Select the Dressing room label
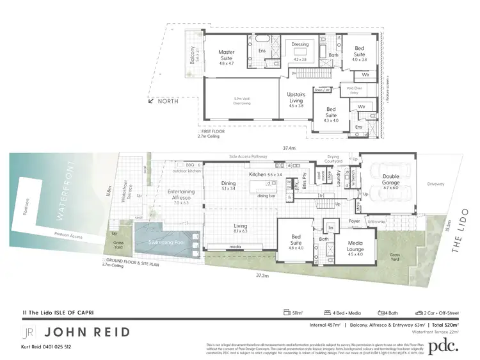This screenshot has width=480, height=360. coord(300,44)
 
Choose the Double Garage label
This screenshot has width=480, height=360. coord(390,179)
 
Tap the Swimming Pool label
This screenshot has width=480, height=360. coord(166,244)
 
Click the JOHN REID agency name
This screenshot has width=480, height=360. coord(88,331)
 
